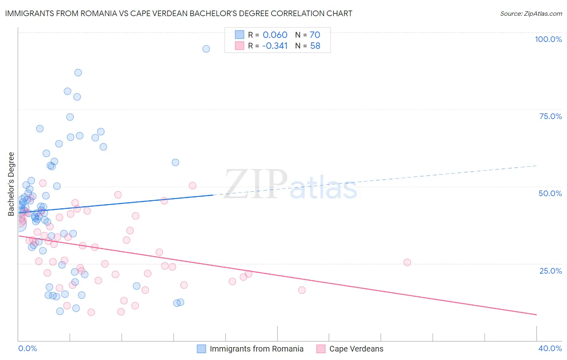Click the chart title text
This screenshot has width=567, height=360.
click(x=179, y=14)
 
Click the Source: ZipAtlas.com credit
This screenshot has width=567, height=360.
click(x=531, y=14)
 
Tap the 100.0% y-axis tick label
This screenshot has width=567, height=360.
click(x=548, y=39)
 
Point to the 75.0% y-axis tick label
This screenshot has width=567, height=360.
click(x=550, y=116)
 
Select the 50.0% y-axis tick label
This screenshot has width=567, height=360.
click(x=550, y=193)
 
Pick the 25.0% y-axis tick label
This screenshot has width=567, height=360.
click(x=550, y=271)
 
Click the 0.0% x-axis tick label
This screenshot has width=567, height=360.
click(x=27, y=348)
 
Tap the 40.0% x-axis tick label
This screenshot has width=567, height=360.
click(x=550, y=348)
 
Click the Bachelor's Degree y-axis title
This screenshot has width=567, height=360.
click(x=11, y=184)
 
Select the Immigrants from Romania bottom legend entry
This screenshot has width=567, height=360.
click(x=256, y=349)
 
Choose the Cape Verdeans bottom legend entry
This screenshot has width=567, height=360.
click(x=356, y=349)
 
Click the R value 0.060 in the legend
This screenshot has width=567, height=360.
click(x=275, y=35)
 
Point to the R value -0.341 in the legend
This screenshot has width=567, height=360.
click(x=275, y=46)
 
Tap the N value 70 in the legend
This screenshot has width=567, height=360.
click(x=315, y=35)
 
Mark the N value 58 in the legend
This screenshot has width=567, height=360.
click(x=315, y=46)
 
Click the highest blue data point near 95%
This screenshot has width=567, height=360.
click(x=206, y=49)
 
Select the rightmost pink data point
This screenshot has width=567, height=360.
click(x=407, y=262)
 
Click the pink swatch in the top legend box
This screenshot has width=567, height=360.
click(x=240, y=46)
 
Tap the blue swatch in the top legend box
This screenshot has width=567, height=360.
click(x=240, y=35)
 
